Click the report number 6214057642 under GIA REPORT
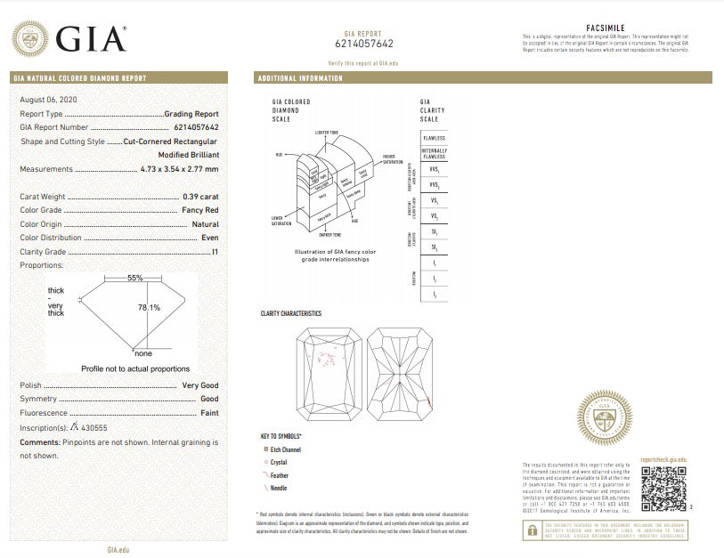[x=363, y=43]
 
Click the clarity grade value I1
[x=216, y=253]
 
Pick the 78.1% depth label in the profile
[x=149, y=308]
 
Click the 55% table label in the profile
[x=135, y=278]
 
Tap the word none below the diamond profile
[x=143, y=353]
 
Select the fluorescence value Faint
[x=209, y=414]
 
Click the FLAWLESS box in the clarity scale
[x=435, y=139]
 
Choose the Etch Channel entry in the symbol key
[x=286, y=451]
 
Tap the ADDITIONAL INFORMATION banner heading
[x=300, y=78]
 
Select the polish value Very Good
[x=200, y=385]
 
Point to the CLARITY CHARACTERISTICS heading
[x=290, y=313]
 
